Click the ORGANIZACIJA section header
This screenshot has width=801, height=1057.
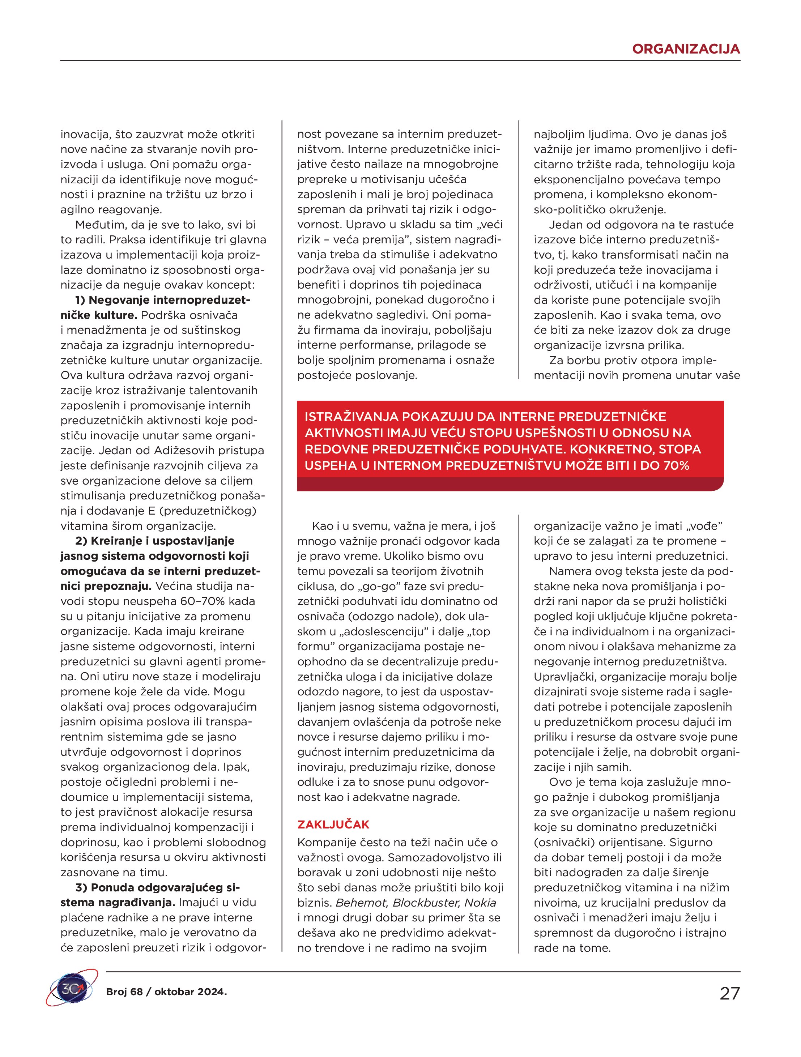coord(685,49)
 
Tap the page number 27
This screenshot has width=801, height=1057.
coord(729,993)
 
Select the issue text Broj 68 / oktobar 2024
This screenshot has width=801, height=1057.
coord(166,992)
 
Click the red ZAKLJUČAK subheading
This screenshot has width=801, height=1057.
coord(333,824)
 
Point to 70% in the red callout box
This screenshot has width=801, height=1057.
coord(676,465)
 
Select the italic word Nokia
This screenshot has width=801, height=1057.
coord(480,903)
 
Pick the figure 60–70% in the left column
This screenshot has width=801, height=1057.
coord(235,601)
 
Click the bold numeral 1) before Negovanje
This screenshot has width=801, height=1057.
coord(80,300)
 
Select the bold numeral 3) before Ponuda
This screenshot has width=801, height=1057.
coord(81,887)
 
